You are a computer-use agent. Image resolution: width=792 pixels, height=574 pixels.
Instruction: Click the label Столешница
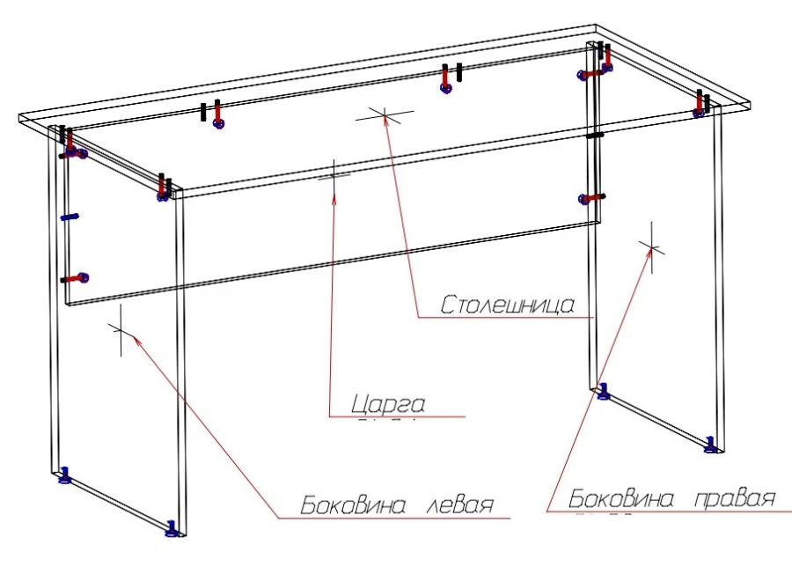[x=508, y=305]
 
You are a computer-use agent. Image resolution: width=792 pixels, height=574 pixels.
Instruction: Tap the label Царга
[x=388, y=404]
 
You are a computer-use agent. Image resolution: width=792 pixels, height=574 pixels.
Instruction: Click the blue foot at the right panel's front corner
[x=711, y=442]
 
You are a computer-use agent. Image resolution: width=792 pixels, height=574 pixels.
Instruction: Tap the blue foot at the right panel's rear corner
[x=603, y=391]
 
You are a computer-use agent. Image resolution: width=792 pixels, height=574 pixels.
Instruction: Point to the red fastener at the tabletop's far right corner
[x=700, y=106]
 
